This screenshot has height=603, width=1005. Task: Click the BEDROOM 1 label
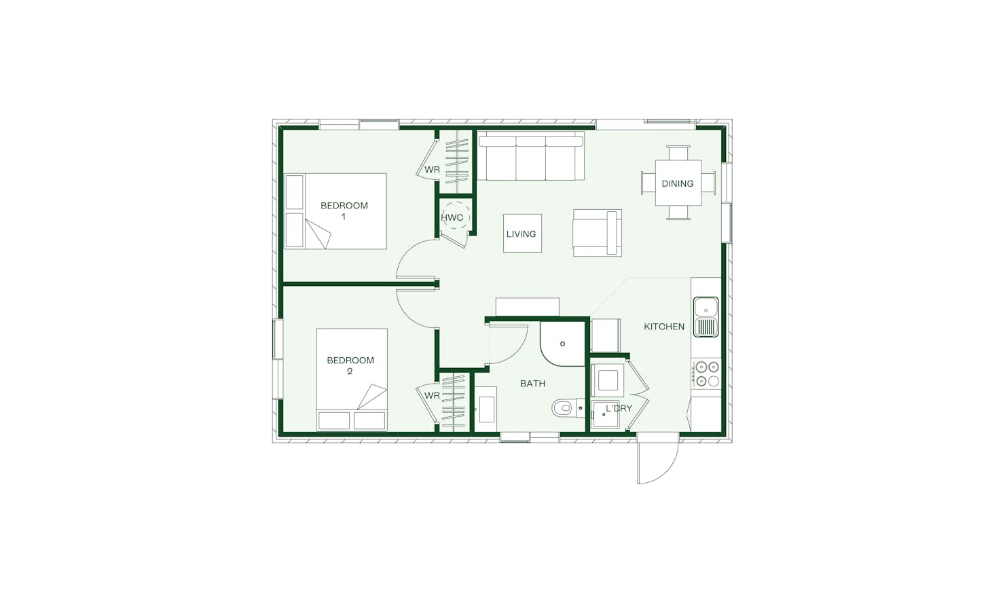pyautogui.click(x=344, y=211)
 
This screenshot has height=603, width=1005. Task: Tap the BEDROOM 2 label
pyautogui.click(x=350, y=365)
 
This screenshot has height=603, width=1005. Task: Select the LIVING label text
pyautogui.click(x=521, y=234)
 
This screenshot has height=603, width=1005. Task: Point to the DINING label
pyautogui.click(x=677, y=183)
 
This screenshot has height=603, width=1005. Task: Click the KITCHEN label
pyautogui.click(x=664, y=327)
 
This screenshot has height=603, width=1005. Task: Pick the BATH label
pyautogui.click(x=532, y=384)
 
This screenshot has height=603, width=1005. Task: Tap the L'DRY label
pyautogui.click(x=619, y=408)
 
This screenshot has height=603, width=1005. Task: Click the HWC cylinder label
pyautogui.click(x=452, y=218)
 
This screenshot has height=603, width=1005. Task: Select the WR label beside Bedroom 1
pyautogui.click(x=432, y=170)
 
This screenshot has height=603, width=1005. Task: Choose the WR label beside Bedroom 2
pyautogui.click(x=432, y=395)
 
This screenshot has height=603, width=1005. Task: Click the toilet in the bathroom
pyautogui.click(x=564, y=408)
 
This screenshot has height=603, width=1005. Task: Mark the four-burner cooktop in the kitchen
pyautogui.click(x=707, y=374)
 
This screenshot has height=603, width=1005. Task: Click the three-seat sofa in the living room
pyautogui.click(x=531, y=158)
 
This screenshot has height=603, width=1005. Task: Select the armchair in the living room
pyautogui.click(x=597, y=233)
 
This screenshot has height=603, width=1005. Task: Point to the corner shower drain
pyautogui.click(x=562, y=344)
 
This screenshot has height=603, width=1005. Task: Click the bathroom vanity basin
pyautogui.click(x=486, y=409)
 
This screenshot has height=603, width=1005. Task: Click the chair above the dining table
pyautogui.click(x=678, y=152)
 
